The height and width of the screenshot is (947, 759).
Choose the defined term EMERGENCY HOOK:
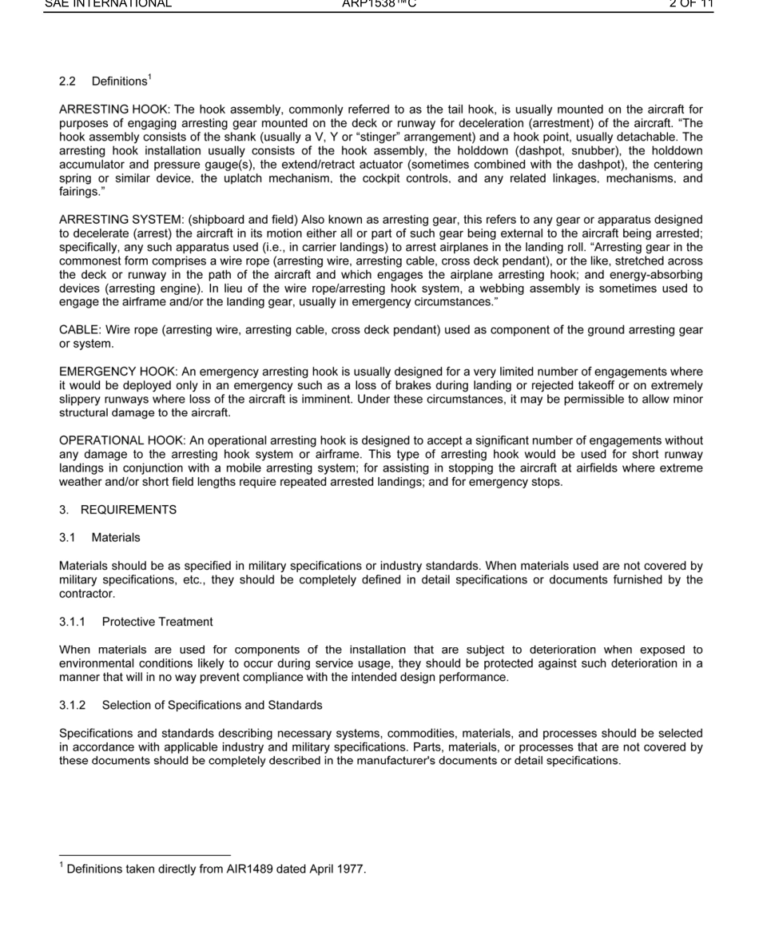click(113, 372)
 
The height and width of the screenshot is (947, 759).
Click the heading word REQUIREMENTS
click(129, 510)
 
